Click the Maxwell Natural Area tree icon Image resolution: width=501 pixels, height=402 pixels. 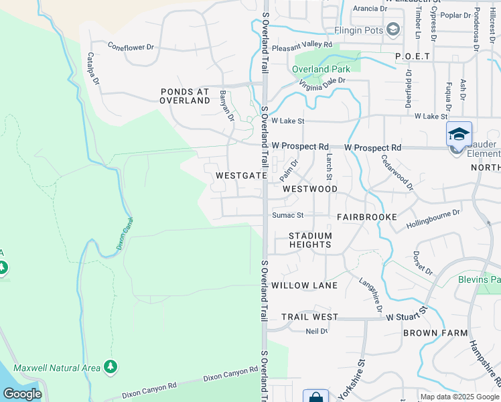[x=111, y=367]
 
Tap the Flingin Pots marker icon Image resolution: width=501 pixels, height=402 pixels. [x=393, y=29]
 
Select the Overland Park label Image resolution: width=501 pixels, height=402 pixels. [x=320, y=69]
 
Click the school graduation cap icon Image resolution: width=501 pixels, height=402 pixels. [x=459, y=134]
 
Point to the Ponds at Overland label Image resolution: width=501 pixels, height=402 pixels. [x=185, y=96]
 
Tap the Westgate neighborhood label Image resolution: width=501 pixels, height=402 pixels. [x=242, y=176]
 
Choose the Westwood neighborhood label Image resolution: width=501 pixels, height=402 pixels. [x=310, y=189]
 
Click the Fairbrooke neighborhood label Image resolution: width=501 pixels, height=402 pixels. [x=367, y=217]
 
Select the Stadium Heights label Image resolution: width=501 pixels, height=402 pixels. [x=310, y=240]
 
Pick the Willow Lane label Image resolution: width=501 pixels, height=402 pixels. [x=305, y=285]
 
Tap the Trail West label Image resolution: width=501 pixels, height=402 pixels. [x=309, y=316]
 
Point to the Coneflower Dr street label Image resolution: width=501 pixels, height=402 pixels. [x=131, y=47]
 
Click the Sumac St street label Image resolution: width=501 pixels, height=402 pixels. [x=288, y=216]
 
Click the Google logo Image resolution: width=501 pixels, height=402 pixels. [x=22, y=394]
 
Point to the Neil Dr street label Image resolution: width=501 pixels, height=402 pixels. [x=316, y=331]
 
